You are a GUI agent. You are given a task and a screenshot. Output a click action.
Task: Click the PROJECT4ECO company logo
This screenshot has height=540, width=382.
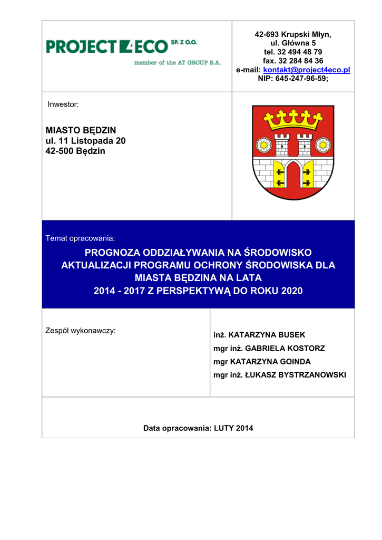pyautogui.click(x=122, y=47)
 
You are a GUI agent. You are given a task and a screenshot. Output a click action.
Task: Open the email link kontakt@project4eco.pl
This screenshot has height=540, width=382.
pyautogui.click(x=307, y=70)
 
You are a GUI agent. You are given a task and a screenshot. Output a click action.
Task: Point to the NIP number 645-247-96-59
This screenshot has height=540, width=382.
pyautogui.click(x=293, y=78)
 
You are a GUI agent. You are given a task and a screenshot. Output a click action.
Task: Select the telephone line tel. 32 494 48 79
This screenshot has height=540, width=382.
pyautogui.click(x=293, y=52)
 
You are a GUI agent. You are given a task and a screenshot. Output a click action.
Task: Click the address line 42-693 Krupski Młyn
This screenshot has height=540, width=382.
pyautogui.click(x=293, y=34)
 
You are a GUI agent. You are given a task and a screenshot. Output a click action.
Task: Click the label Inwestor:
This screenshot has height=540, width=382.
pyautogui.click(x=63, y=104)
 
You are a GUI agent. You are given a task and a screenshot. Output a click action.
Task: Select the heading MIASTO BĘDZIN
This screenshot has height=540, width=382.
pyautogui.click(x=81, y=130)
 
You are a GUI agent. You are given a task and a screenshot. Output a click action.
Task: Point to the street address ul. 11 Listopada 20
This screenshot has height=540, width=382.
pyautogui.click(x=86, y=140)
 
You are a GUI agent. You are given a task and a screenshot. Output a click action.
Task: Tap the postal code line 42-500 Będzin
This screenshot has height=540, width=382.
pyautogui.click(x=76, y=151)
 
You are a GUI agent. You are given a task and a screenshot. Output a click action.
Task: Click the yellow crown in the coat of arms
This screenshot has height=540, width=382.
pyautogui.click(x=293, y=121)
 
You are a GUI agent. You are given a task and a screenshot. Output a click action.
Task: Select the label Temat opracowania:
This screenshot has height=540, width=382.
pyautogui.click(x=80, y=238)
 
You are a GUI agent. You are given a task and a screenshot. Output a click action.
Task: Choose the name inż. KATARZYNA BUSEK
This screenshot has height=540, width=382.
pyautogui.click(x=259, y=335)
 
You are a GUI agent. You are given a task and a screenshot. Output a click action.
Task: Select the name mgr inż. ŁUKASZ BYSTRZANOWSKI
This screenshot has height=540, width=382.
pyautogui.click(x=280, y=375)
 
